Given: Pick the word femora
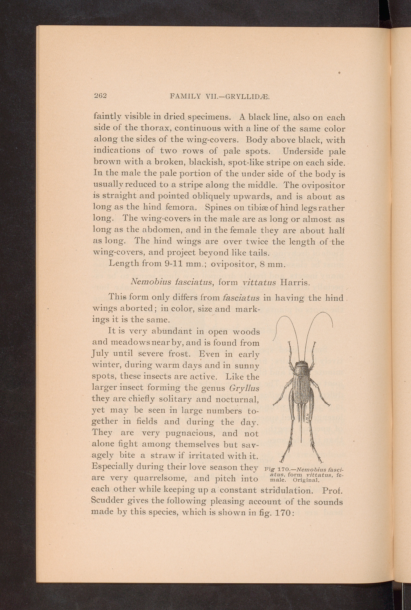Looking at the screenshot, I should (x=181, y=207).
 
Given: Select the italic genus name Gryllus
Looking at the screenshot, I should (x=244, y=388).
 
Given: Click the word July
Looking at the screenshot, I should (x=100, y=354).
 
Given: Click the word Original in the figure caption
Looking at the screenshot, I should (x=306, y=481).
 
